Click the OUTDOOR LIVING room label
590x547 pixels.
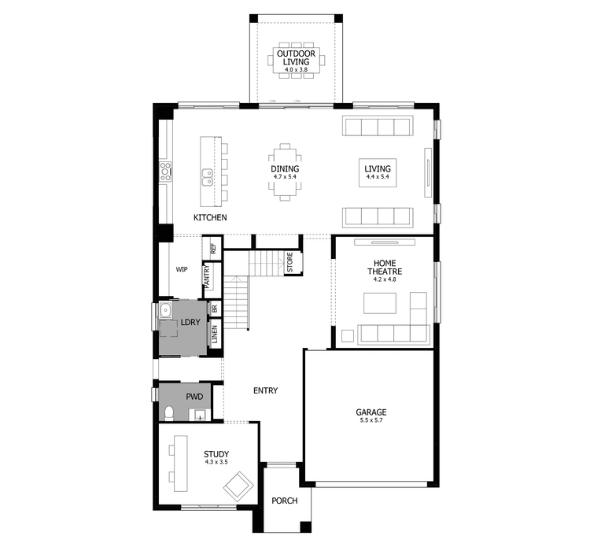coord(295,57)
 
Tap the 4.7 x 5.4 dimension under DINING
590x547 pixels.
coord(285,177)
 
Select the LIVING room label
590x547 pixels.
coord(378,168)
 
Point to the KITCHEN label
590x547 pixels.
coord(210,217)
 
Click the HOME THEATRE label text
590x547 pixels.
coord(385,268)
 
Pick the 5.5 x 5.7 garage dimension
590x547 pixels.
coord(371,421)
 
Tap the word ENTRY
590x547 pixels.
coord(265,390)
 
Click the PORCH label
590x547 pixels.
coord(285,501)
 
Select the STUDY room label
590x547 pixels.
coord(216,454)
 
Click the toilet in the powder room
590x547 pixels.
coord(170,412)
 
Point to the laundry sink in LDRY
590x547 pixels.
coord(166,313)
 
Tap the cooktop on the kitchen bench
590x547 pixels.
coord(166,172)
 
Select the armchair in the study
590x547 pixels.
coord(237,488)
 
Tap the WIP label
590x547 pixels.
coord(182,269)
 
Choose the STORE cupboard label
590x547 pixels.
coord(289,262)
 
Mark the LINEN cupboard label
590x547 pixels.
coord(214,334)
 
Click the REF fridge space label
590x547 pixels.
coord(212,248)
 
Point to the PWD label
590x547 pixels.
coord(194,398)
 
